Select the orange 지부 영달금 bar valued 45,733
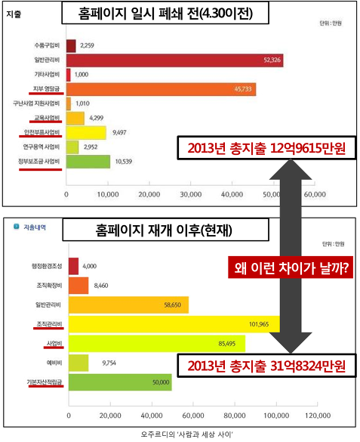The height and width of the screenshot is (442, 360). [160, 89]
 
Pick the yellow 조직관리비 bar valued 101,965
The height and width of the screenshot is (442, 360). [174, 324]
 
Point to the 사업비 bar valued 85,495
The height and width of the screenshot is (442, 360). [156, 344]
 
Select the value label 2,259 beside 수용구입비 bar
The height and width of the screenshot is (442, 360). [87, 46]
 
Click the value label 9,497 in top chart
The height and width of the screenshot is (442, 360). [119, 132]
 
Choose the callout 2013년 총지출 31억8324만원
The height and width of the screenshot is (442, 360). [262, 366]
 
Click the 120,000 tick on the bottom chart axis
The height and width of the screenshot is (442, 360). [317, 415]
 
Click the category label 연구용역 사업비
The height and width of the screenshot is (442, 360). [42, 147]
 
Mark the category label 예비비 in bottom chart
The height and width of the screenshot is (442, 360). [51, 363]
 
